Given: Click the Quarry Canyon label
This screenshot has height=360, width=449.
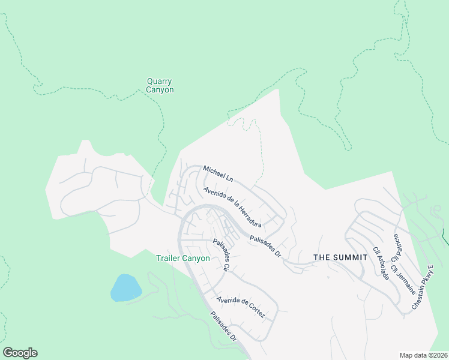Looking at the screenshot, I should click(160, 86).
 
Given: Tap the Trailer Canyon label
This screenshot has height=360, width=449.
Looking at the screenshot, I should click(183, 259).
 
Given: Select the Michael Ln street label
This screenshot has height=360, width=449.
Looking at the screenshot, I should click(218, 174).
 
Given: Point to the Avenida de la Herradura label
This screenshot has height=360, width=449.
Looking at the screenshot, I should click(232, 207).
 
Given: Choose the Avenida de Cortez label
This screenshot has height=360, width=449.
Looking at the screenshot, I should click(240, 307).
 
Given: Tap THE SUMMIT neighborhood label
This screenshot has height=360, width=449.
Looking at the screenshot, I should click(340, 257).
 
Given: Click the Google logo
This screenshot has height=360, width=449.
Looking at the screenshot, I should click(20, 353).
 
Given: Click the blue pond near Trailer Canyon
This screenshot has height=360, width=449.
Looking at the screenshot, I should click(125, 288).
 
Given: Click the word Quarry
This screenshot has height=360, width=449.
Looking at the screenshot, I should click(160, 82).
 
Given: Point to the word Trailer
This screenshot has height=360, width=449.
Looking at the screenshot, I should click(169, 259).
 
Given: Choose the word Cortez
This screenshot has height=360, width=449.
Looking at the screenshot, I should click(254, 313).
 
